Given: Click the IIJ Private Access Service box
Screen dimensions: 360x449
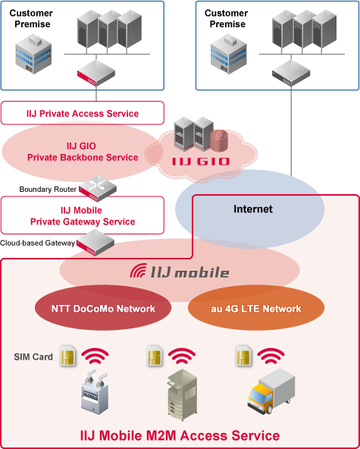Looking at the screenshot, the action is point(83,113).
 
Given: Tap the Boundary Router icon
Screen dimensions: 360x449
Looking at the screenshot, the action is point(98,188).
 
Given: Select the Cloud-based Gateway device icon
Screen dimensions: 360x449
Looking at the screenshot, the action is point(95,243).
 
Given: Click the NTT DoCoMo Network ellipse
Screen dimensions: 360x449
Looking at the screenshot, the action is point(103,308).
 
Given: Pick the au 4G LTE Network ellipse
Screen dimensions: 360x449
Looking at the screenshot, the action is point(256,308).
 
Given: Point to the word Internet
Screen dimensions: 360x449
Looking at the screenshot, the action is point(253,209).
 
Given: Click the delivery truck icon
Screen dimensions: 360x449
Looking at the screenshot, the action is point(271,391).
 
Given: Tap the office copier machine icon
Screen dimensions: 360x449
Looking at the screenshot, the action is point(183,394).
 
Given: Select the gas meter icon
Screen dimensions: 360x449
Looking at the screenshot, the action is point(95,392).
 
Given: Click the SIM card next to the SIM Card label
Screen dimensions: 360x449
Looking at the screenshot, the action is point(68,356).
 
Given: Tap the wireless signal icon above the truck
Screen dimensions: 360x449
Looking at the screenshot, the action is point(271,356).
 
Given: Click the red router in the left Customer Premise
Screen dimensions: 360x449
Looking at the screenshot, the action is point(96,73).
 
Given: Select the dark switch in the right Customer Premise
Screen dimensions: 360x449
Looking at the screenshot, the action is point(291,73).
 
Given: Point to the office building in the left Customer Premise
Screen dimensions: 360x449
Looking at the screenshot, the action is point(33,54).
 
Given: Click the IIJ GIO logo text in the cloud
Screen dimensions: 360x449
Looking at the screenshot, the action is point(201,162).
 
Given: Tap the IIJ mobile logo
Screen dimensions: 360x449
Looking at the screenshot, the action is point(180,271).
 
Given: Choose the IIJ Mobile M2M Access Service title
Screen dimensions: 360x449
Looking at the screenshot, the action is point(180,435).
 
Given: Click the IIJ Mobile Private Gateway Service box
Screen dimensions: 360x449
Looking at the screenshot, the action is point(83,215).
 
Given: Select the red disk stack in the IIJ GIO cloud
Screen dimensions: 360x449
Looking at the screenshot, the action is point(219,140).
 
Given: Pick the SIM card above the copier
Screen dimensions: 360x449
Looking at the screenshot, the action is point(155,356).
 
